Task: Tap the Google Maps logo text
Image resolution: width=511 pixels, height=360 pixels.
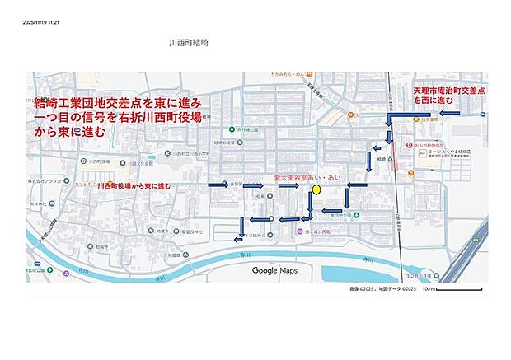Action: point(274,270)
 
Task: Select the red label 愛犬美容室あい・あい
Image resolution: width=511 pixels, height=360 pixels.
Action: point(307,177)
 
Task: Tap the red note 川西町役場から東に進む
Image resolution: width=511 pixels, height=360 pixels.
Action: point(134,186)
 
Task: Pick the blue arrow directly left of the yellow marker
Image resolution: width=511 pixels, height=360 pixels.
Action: point(288,186)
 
